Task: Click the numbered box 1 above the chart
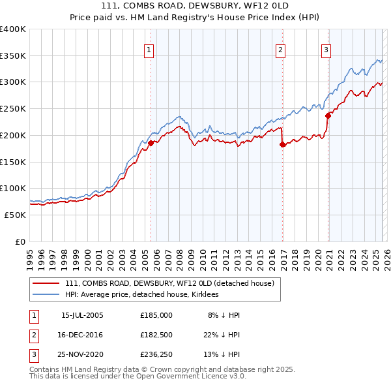(149, 50)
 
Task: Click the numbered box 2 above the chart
(280, 50)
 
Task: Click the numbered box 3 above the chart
(325, 50)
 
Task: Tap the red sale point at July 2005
(151, 143)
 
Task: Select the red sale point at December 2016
(282, 144)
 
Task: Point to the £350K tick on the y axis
(13, 56)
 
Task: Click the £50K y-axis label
(15, 215)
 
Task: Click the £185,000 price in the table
(156, 315)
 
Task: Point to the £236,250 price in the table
(156, 354)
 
